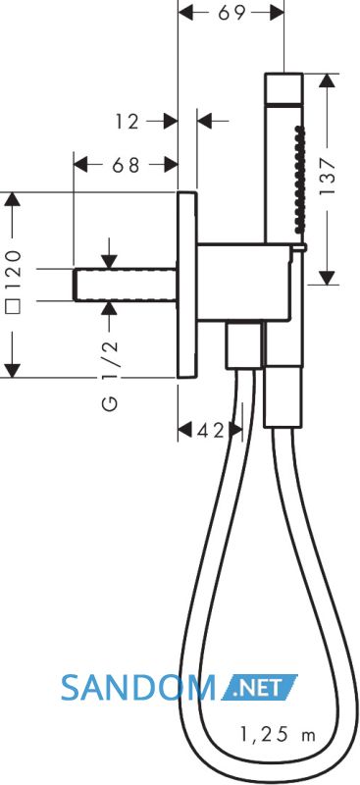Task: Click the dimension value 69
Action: pos(231,13)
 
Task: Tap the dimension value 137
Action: pos(327,178)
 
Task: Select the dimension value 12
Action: pos(128,121)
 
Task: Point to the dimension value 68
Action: pos(126,164)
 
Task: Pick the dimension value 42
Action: pos(211,431)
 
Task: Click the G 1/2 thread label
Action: pos(111,375)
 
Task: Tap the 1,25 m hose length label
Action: pos(278,734)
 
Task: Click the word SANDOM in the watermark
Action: pos(138,688)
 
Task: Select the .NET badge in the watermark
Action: pos(258,687)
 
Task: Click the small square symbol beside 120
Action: pos(14,305)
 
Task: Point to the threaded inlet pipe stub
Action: pos(126,286)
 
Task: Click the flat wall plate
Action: pos(187,285)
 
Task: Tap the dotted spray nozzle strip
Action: pos(299,179)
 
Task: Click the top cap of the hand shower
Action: pos(283,88)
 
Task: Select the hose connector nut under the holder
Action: pos(243,345)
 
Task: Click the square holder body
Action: pos(244,283)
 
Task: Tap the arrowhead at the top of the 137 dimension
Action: pos(327,81)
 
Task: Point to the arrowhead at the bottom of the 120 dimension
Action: pos(12,370)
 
